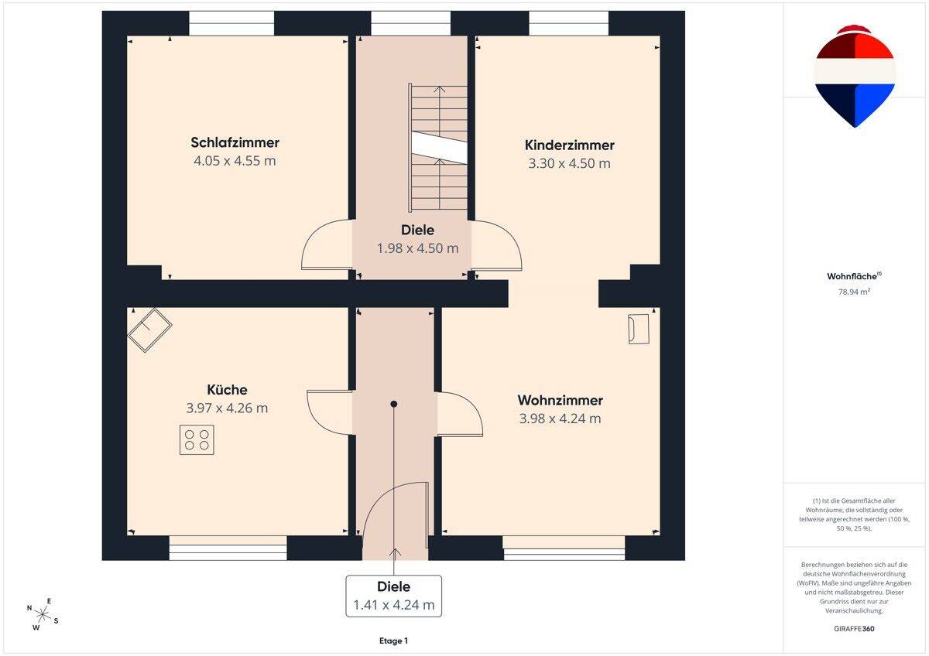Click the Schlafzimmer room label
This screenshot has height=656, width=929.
tap(235, 142)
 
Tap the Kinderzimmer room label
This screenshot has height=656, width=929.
tap(570, 145)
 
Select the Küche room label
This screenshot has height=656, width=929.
tap(227, 390)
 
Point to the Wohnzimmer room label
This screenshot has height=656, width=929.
tap(560, 400)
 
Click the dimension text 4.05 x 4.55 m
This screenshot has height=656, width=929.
tap(235, 161)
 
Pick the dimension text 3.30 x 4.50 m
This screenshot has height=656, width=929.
tap(570, 163)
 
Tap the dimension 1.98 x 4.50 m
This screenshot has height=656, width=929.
tap(417, 248)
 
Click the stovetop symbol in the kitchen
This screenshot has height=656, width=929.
tap(197, 440)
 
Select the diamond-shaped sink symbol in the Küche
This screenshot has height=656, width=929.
tap(149, 330)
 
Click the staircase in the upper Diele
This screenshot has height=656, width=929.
tap(438, 147)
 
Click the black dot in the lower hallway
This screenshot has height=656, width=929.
tap(393, 404)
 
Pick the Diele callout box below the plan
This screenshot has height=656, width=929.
tap(393, 596)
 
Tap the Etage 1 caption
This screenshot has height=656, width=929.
tap(393, 641)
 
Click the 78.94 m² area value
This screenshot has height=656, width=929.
tap(854, 292)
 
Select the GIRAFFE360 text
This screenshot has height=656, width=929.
tap(854, 629)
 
